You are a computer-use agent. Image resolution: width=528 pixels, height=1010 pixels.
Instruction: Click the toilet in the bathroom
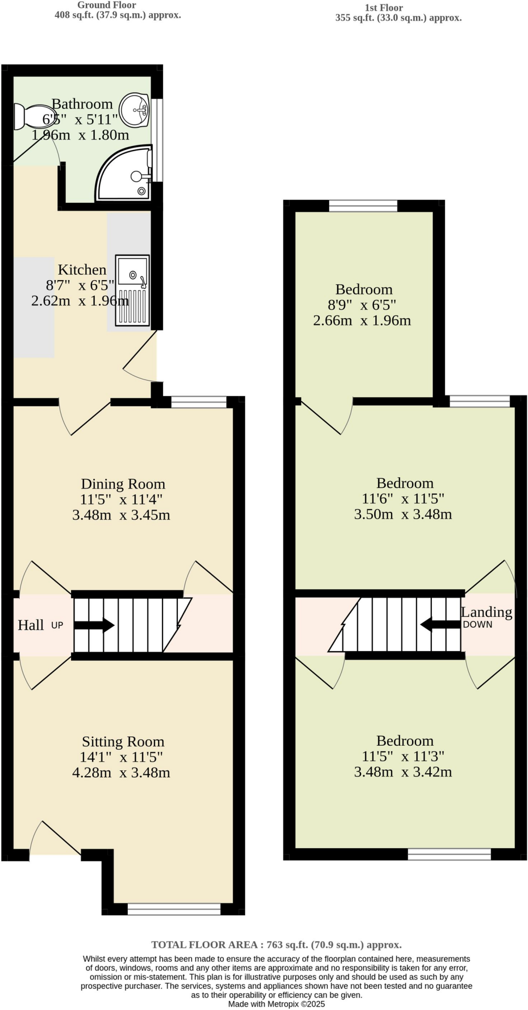27,116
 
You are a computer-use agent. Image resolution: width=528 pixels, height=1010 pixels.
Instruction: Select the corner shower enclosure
126,176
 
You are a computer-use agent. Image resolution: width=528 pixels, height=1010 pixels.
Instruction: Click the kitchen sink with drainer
132,290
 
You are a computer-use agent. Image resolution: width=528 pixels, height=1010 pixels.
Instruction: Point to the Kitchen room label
82,270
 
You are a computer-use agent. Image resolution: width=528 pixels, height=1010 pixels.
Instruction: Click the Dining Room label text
123,484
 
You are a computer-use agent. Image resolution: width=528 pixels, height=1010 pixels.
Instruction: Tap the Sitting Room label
123,741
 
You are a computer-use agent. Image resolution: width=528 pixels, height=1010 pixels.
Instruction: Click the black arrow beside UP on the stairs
94,625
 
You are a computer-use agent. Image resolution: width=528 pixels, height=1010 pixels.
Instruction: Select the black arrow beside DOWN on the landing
440,624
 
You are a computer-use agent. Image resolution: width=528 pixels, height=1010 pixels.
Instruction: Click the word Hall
31,625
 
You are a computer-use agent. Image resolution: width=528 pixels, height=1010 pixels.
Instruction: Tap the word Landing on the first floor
486,612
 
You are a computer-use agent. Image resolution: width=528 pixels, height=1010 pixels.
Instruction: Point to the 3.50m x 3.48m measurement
403,514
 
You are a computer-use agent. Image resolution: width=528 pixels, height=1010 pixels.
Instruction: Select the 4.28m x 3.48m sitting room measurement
121,772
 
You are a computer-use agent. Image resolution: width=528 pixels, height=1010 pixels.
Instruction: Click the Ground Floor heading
106,5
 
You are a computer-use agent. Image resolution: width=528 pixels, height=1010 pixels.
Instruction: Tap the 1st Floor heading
384,8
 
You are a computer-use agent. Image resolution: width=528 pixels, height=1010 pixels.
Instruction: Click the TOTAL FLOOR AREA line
276,945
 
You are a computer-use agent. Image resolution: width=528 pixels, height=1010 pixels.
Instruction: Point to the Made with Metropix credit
276,1004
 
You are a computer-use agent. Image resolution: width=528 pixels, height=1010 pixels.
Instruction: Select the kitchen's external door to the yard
141,355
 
